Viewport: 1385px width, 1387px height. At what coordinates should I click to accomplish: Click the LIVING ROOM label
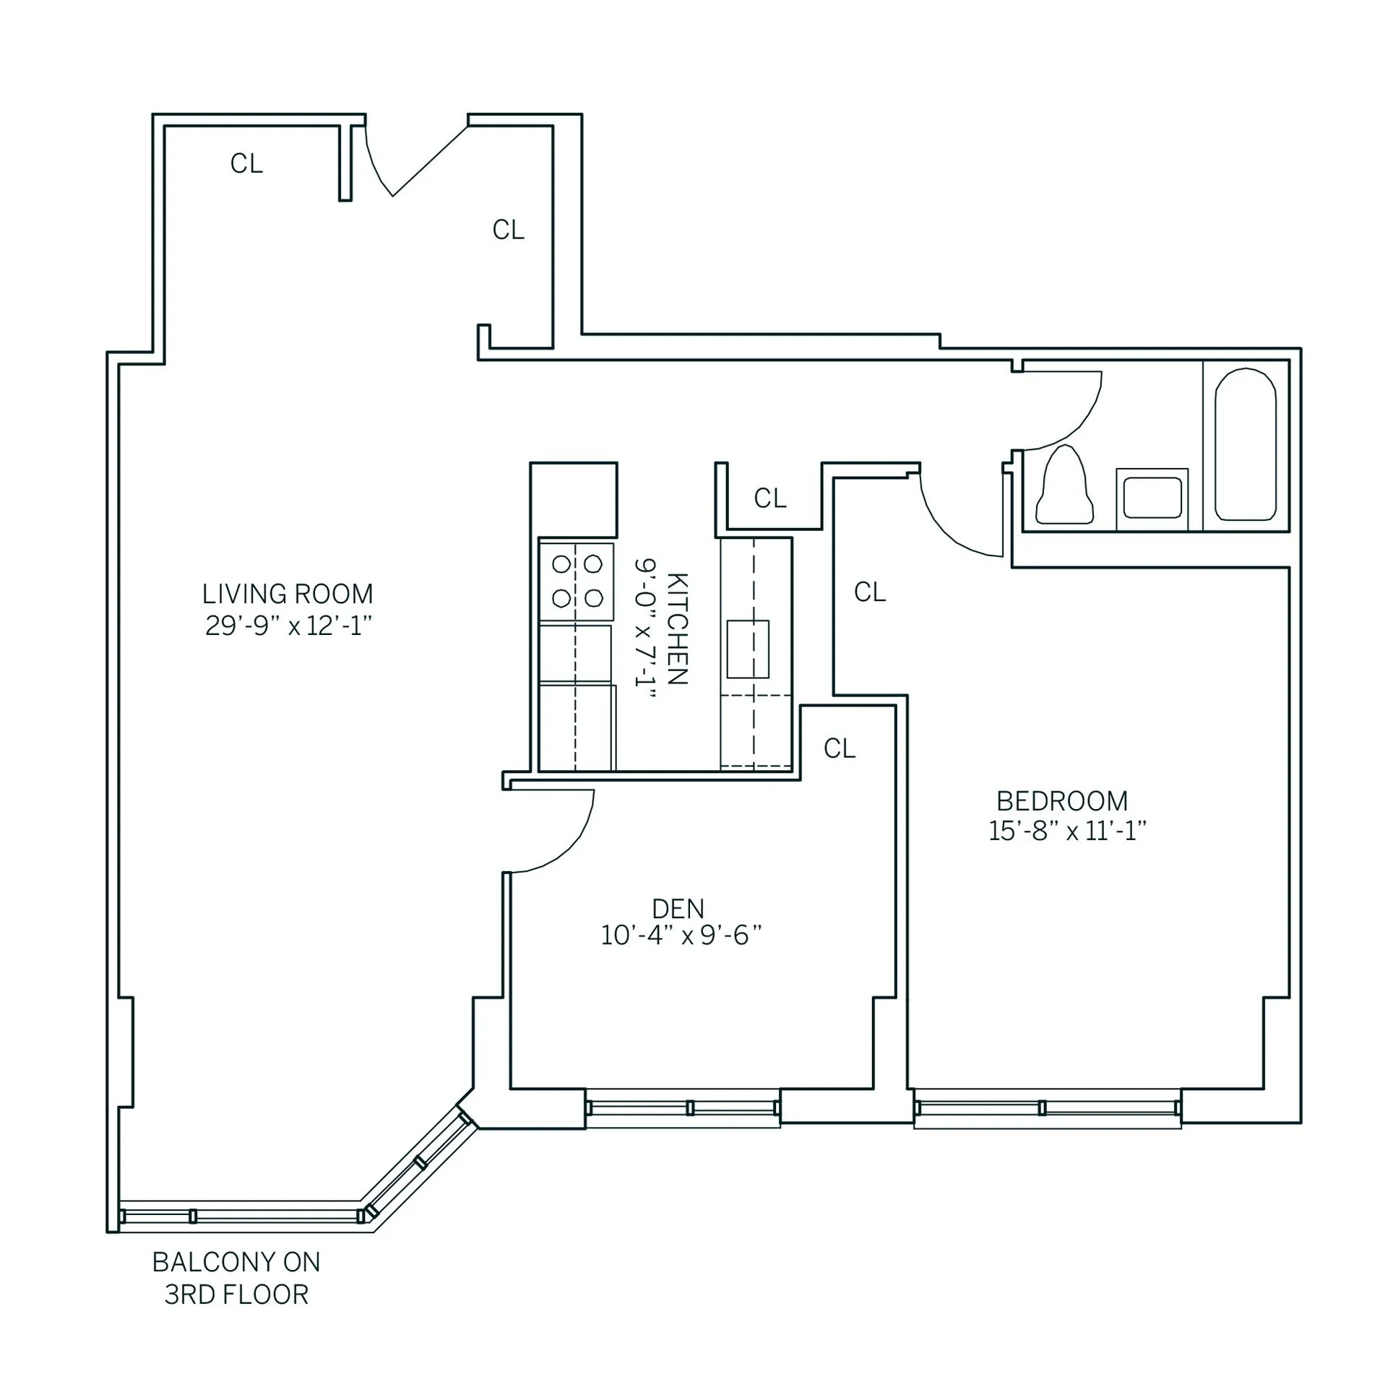(288, 594)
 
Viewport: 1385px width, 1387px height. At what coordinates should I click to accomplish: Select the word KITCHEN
(677, 628)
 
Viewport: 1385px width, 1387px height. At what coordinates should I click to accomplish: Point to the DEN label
(678, 908)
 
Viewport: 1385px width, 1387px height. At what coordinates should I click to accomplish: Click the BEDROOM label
(1062, 801)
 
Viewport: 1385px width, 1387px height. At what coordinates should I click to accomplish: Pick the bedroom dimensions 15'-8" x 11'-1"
(1066, 831)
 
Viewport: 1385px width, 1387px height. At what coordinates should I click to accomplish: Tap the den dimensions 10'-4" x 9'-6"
(681, 936)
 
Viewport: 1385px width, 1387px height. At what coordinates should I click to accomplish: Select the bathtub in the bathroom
(1245, 445)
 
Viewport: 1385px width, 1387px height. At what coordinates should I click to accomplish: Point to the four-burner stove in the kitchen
(577, 581)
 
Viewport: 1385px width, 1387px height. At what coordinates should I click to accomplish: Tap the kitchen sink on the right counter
(748, 648)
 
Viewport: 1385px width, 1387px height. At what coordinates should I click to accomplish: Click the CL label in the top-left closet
(246, 164)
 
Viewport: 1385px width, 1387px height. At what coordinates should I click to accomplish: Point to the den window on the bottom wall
(682, 1107)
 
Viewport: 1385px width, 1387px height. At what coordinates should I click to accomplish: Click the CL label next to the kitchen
(769, 498)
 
